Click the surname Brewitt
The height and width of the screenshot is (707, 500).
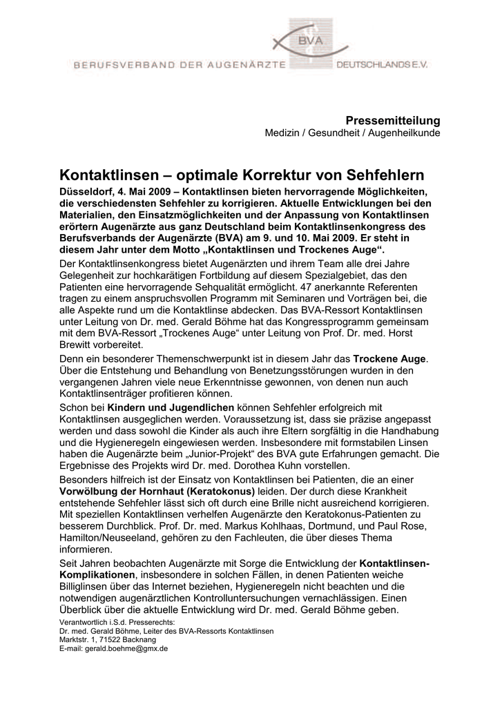coord(77,344)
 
